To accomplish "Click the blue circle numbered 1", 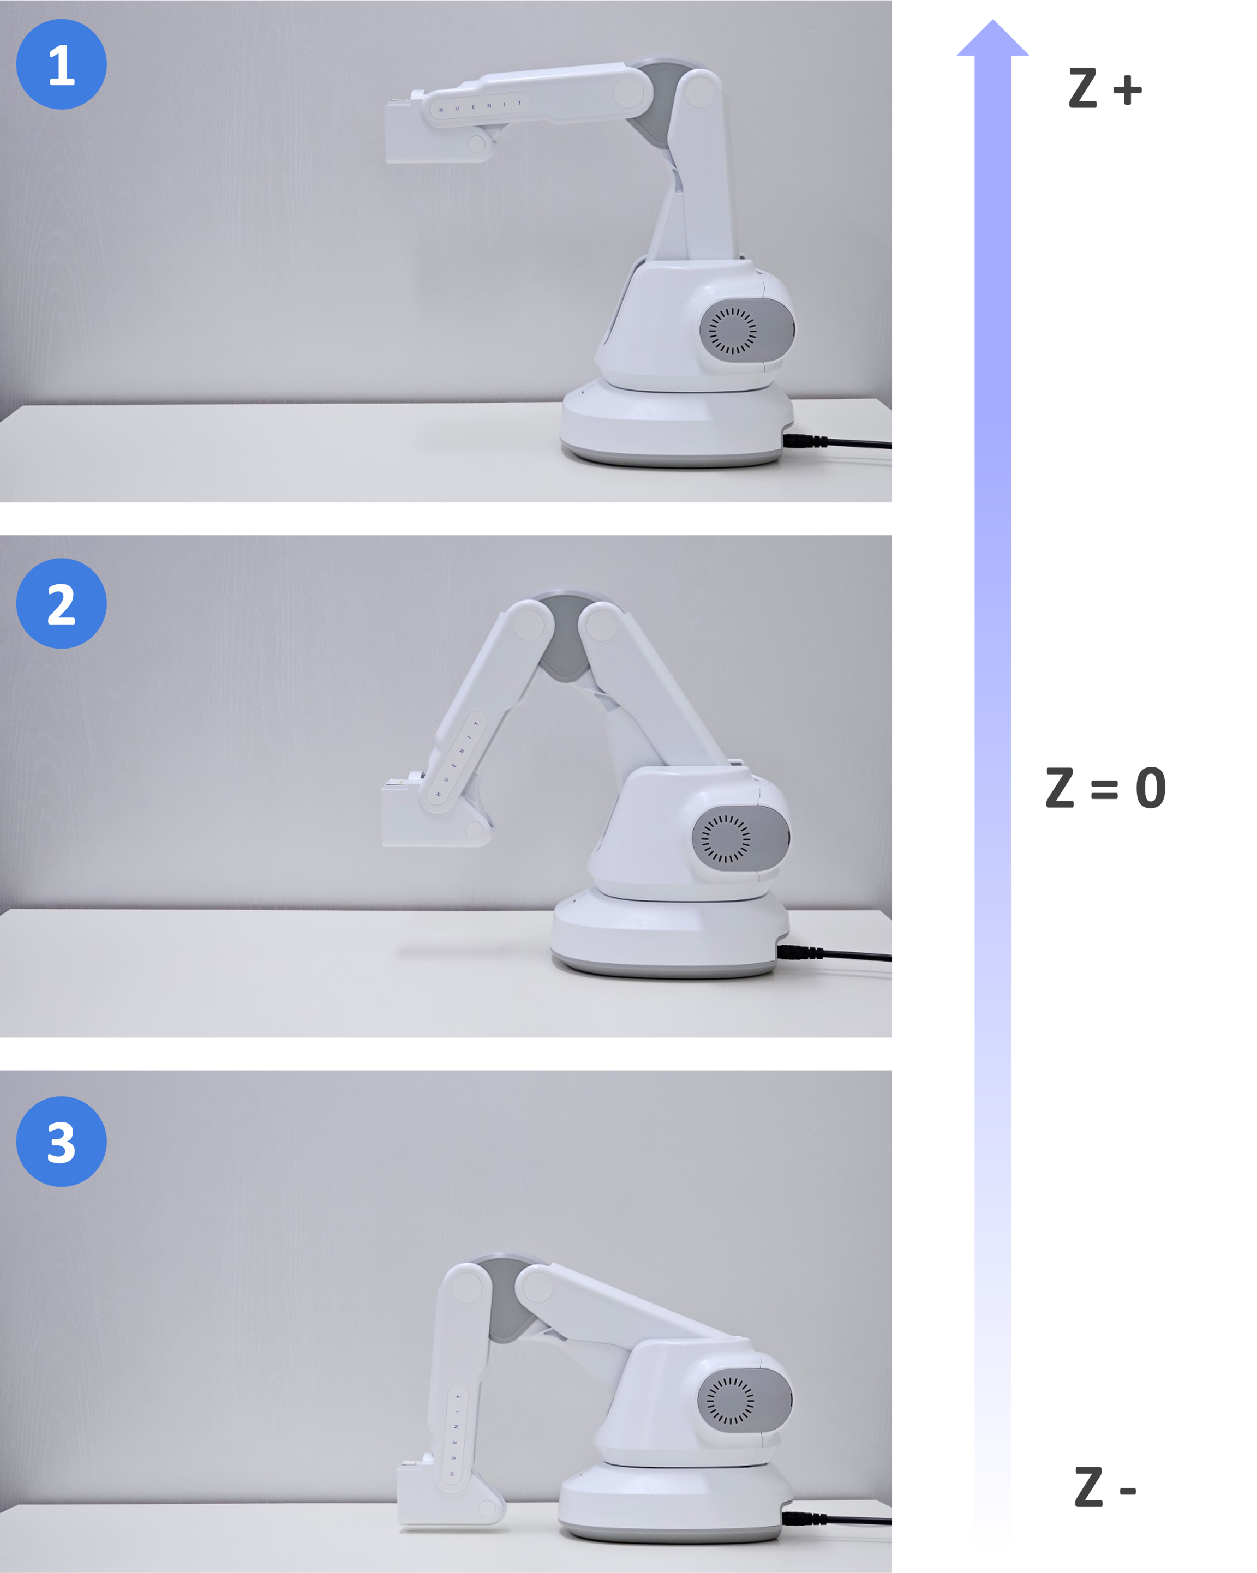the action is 61,64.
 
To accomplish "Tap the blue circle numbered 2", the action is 61,603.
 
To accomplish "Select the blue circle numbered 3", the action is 61,1142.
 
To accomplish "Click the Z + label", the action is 1104,88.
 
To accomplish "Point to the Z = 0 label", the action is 1105,788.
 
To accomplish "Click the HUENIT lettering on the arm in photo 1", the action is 480,106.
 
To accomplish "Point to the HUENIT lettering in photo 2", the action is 458,758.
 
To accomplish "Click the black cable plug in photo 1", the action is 805,441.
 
